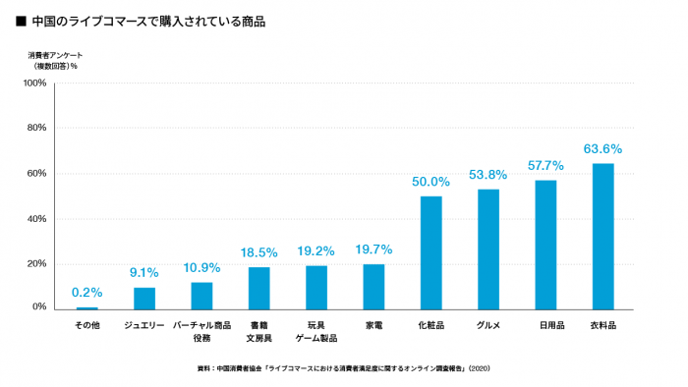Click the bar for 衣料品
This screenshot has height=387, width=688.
pos(603,236)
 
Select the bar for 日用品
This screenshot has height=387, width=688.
pos(545,245)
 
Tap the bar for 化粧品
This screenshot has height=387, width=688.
pos(430,252)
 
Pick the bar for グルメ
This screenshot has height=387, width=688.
pos(488,249)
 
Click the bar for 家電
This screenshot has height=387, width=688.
pos(373,286)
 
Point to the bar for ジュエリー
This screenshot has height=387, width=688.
pos(144,298)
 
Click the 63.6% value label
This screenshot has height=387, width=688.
pos(602,149)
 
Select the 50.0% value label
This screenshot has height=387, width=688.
pos(430,182)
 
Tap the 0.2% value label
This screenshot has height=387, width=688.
pos(87,293)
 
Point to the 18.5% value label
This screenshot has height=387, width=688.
pos(258,252)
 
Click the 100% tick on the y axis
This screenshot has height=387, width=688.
pos(34,83)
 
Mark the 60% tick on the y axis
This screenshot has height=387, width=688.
pos(36,174)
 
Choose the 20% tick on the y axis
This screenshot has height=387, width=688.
pos(36,263)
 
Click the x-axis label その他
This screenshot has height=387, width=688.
pos(87,324)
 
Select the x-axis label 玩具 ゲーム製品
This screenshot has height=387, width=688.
pos(316,330)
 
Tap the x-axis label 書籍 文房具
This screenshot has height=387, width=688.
pos(258,330)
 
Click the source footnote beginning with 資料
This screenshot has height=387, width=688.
pos(343,369)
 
